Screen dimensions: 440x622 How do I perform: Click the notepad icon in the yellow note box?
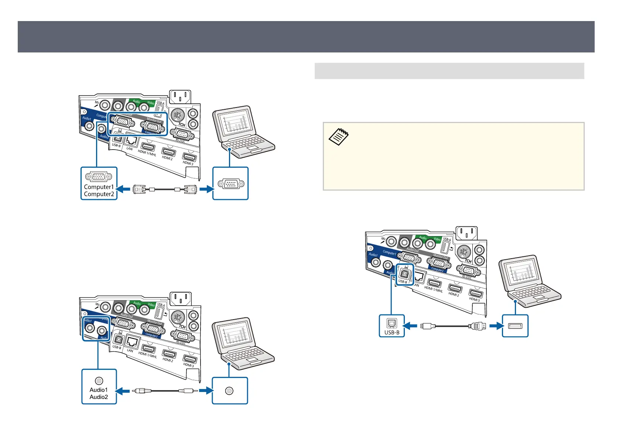click(x=338, y=136)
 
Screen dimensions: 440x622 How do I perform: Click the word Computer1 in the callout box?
click(x=99, y=187)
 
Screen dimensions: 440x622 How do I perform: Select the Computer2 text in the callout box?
click(x=99, y=194)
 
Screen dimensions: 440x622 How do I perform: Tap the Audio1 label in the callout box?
click(x=99, y=390)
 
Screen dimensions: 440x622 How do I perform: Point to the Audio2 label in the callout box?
click(x=99, y=397)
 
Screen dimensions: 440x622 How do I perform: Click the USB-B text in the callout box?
click(x=392, y=332)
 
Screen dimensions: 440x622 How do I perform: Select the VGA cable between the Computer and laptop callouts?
click(x=164, y=189)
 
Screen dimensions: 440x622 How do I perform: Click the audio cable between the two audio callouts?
click(x=164, y=390)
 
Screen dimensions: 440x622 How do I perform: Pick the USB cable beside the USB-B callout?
click(x=453, y=326)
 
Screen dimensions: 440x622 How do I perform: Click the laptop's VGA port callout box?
click(x=230, y=184)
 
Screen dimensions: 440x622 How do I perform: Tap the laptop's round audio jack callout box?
click(x=230, y=390)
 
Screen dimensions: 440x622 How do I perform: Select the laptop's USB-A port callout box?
click(x=515, y=326)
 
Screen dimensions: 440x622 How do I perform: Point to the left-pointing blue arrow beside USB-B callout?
click(x=410, y=326)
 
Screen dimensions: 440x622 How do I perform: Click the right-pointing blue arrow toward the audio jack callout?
click(x=205, y=390)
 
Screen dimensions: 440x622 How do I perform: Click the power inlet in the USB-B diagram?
click(x=466, y=233)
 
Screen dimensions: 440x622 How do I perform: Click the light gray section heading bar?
click(x=449, y=71)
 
